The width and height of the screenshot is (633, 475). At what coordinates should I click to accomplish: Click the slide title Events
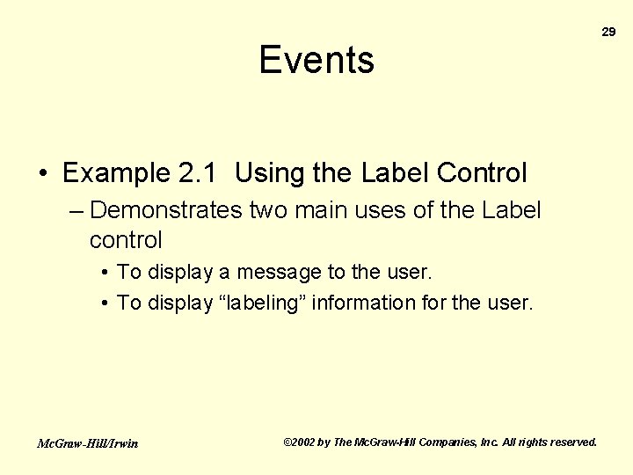[316, 60]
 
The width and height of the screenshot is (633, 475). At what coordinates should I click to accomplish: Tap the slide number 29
[608, 32]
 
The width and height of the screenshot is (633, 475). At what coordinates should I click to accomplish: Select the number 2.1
[200, 173]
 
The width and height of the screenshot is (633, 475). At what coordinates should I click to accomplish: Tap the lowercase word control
[126, 239]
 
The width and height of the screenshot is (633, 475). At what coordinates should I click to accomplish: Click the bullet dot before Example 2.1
[43, 174]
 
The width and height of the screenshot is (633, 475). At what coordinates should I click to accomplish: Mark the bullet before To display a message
[105, 274]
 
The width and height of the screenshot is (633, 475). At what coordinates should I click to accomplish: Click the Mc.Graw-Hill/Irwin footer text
[87, 443]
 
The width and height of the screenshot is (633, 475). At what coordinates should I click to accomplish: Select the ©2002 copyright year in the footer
[300, 442]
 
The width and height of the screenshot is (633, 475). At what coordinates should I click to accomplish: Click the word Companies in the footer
[446, 442]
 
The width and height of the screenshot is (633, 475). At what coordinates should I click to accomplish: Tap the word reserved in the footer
[571, 442]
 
